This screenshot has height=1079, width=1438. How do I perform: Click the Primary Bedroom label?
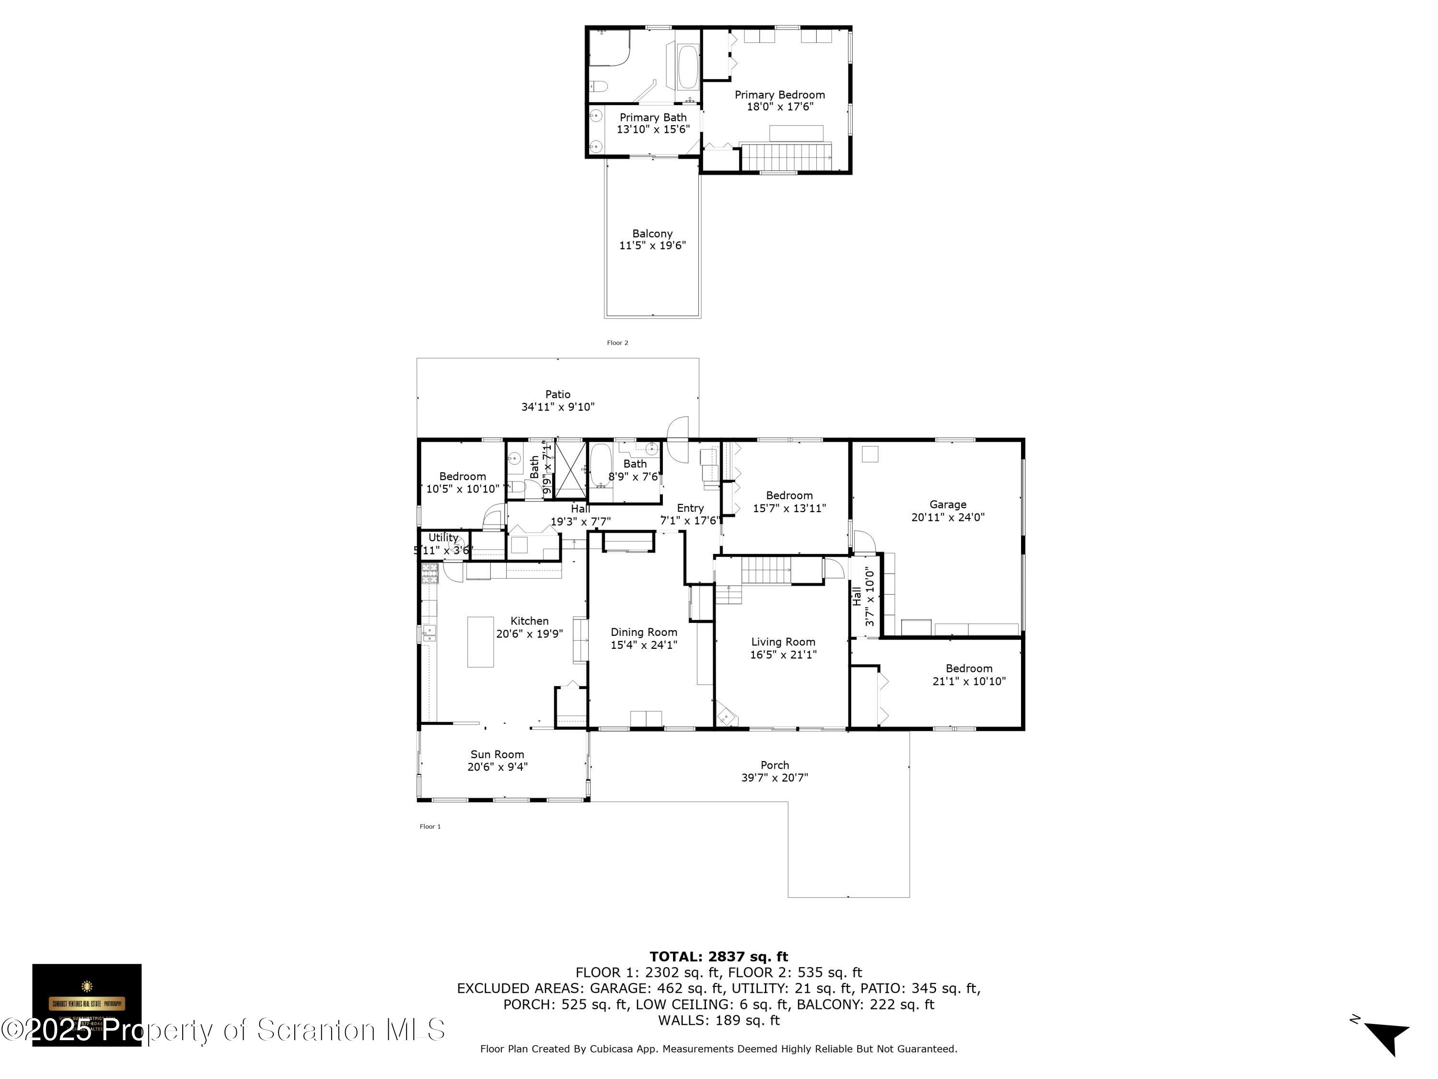(x=779, y=95)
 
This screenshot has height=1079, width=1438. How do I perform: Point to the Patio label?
(x=558, y=394)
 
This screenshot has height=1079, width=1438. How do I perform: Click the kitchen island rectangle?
(x=480, y=642)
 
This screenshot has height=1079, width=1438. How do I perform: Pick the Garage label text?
(x=948, y=504)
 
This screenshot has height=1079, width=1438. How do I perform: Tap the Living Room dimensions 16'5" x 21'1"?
(x=783, y=654)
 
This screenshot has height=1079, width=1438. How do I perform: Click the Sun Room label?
(x=498, y=754)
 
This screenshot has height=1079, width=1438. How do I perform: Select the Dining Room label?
(x=644, y=632)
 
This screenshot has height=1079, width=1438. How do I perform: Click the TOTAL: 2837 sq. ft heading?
(x=719, y=957)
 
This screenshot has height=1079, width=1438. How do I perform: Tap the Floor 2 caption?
(x=617, y=343)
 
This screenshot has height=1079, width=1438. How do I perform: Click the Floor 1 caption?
(x=429, y=827)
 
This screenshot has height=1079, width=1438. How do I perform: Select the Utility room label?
(x=443, y=537)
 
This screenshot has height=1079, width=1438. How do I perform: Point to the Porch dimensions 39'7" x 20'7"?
(x=774, y=777)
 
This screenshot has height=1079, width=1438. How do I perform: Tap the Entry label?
(x=690, y=508)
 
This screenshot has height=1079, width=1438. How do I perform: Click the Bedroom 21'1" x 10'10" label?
(x=969, y=669)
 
